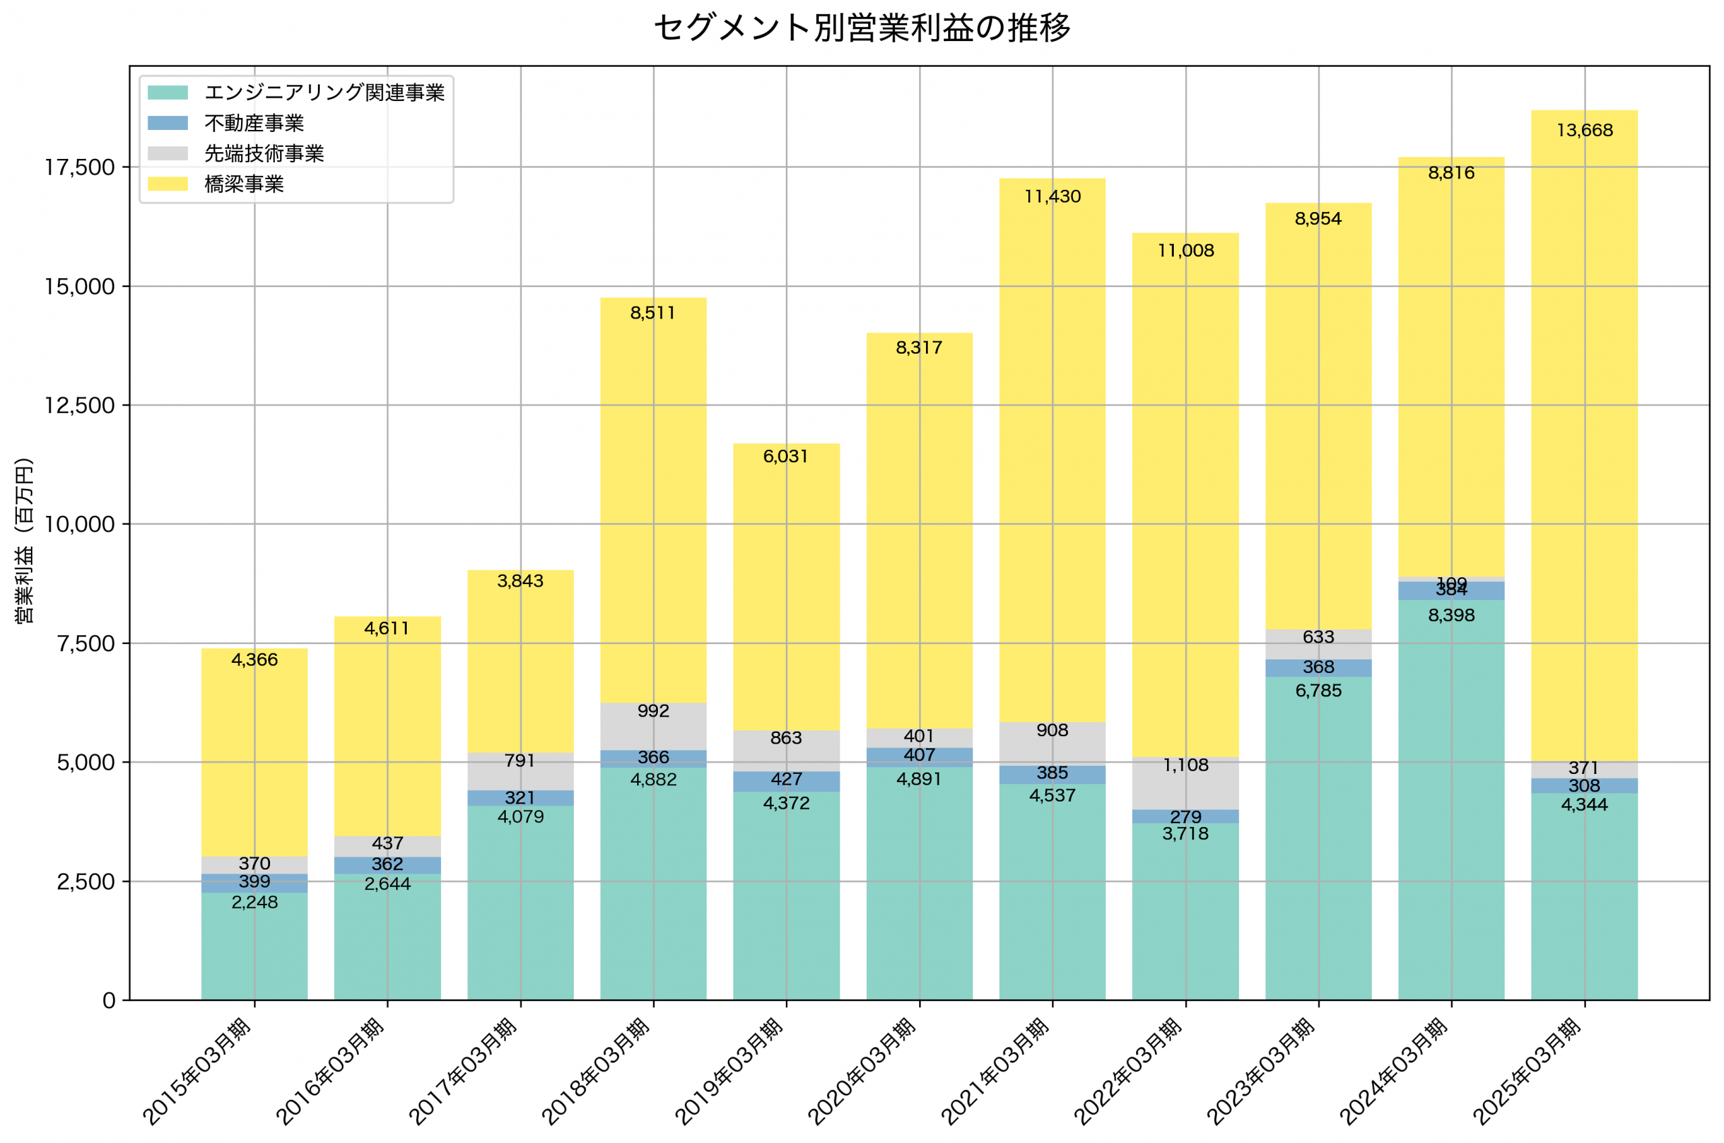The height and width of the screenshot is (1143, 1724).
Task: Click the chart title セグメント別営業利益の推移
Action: coord(862,28)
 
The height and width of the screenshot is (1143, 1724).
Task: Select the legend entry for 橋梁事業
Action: coord(243,184)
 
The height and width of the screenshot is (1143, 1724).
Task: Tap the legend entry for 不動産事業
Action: coord(254,123)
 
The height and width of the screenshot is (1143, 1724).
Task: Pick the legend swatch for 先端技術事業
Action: coord(168,153)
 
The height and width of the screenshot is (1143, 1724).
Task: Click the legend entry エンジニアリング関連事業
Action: coord(323,92)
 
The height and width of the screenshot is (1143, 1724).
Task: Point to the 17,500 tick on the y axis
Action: coord(79,168)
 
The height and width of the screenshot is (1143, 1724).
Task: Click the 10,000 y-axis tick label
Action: coord(79,524)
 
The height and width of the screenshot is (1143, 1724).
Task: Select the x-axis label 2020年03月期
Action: coord(863,1069)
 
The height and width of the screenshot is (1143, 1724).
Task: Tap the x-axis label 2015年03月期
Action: coord(197,1069)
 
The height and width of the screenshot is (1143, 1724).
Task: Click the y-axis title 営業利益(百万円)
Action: coord(24,540)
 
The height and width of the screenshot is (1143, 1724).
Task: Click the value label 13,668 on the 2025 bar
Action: coord(1584,131)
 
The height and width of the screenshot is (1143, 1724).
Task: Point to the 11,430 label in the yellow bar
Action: coord(1052,197)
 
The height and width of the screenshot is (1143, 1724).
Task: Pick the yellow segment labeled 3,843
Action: coord(521,656)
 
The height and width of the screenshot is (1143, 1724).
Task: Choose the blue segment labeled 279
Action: coord(1185,816)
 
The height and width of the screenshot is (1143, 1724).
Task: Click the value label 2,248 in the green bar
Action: coord(255,903)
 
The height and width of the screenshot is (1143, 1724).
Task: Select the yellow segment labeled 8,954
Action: coord(1318,416)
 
